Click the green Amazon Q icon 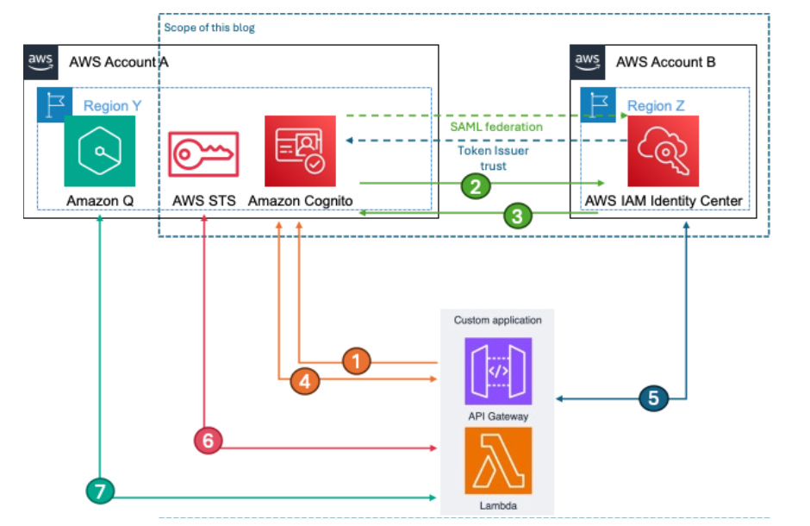tap(99, 151)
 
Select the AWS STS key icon tap(203, 153)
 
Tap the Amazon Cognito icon tap(300, 151)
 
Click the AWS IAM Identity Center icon tap(663, 151)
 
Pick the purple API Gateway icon tap(497, 371)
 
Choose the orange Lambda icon tap(497, 460)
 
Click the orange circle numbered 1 tap(357, 361)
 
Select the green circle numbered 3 tap(516, 216)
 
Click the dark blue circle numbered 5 tap(653, 398)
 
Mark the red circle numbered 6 tap(208, 441)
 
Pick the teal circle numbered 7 tap(101, 492)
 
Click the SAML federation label tap(495, 127)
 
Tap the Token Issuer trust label tap(494, 158)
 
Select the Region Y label tap(112, 106)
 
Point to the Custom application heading tap(497, 320)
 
